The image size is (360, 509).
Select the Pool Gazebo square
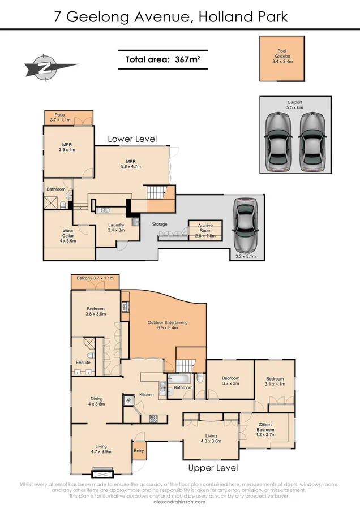(281, 58)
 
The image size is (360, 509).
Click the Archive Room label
(205, 228)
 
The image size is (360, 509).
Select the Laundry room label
(116, 227)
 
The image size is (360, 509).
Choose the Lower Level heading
(132, 139)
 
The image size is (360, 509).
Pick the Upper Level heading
(213, 468)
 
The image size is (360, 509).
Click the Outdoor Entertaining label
(168, 325)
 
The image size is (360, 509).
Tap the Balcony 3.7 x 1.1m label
(96, 278)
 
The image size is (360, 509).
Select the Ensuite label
(83, 363)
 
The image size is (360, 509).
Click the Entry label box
(139, 451)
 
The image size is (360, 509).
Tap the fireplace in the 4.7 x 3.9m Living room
(102, 472)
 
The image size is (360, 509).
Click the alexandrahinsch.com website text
(179, 501)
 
